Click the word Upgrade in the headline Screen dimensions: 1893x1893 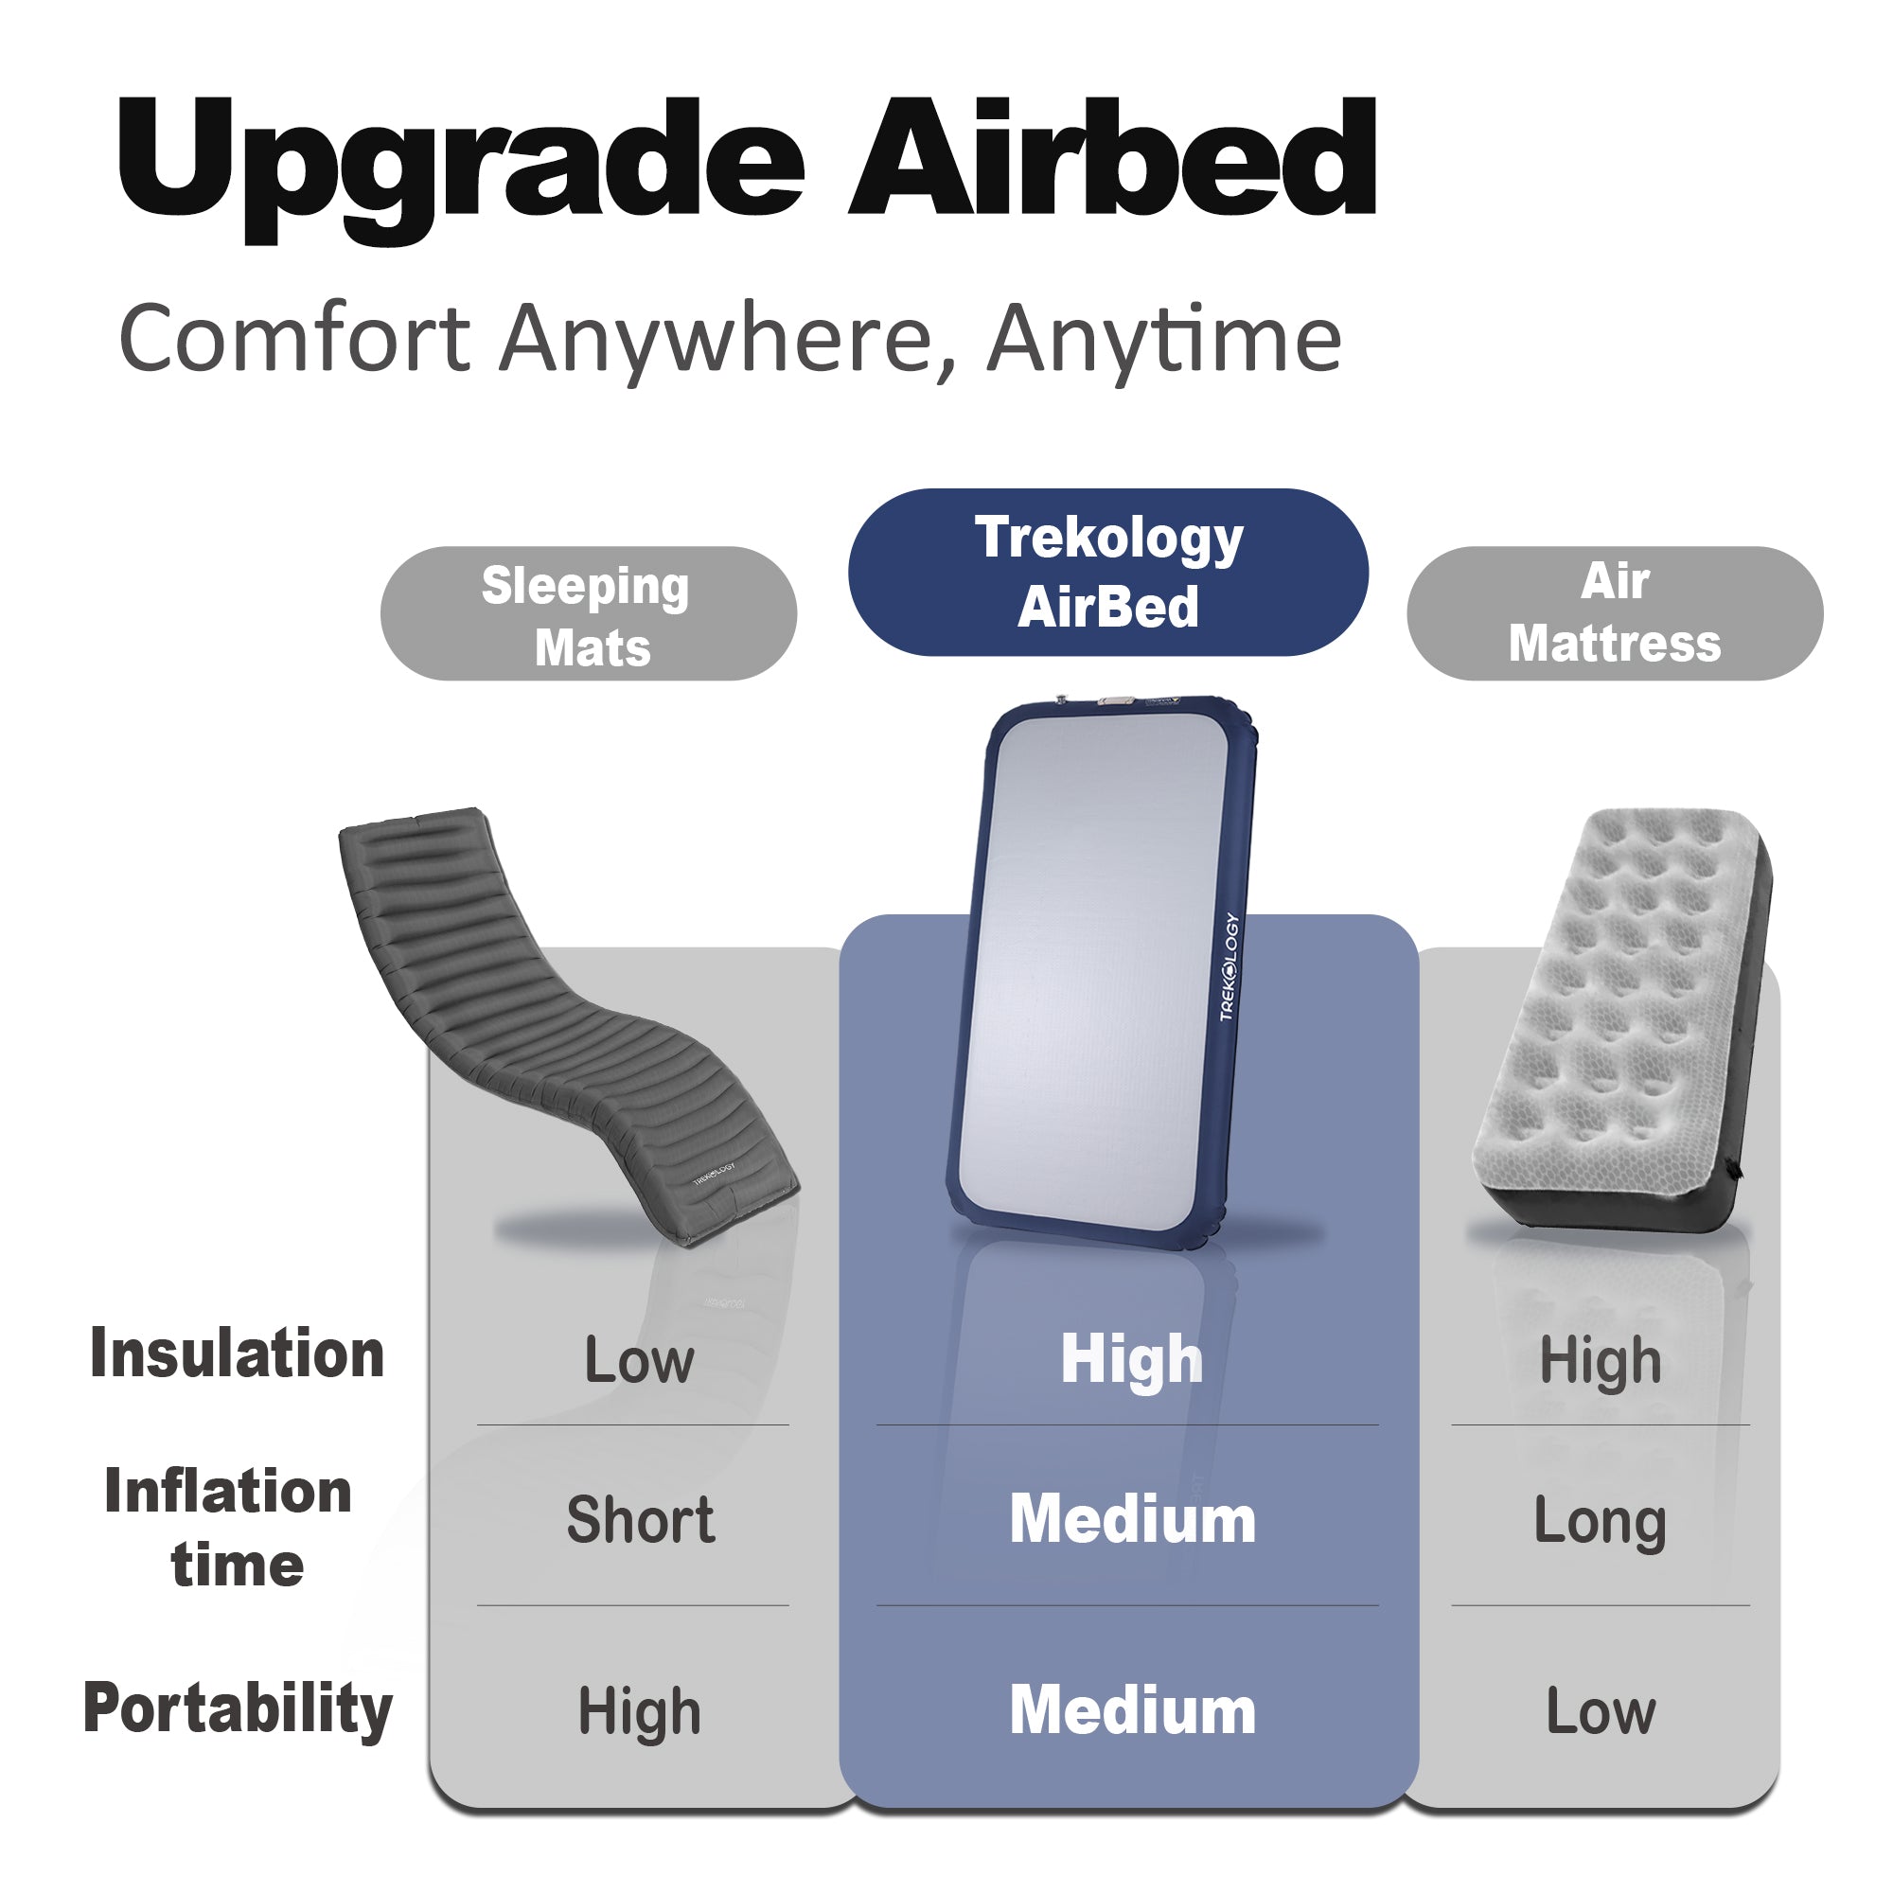click(x=461, y=162)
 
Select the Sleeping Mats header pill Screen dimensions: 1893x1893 click(x=588, y=614)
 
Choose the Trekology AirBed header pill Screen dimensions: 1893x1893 click(x=1107, y=573)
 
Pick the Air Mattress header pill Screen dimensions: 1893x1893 click(x=1614, y=613)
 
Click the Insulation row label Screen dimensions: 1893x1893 click(x=238, y=1354)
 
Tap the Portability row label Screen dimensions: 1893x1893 click(x=239, y=1708)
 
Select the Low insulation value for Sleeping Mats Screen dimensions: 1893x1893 click(x=639, y=1360)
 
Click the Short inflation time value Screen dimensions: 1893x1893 click(x=640, y=1520)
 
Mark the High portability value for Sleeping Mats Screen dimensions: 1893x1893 click(x=639, y=1710)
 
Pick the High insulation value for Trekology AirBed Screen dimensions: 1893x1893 click(x=1132, y=1360)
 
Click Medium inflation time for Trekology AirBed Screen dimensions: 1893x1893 click(x=1132, y=1520)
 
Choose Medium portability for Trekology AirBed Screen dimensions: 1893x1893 click(x=1132, y=1710)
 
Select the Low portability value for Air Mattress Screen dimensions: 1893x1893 click(x=1600, y=1710)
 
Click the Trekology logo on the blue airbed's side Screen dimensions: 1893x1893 click(x=1230, y=967)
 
